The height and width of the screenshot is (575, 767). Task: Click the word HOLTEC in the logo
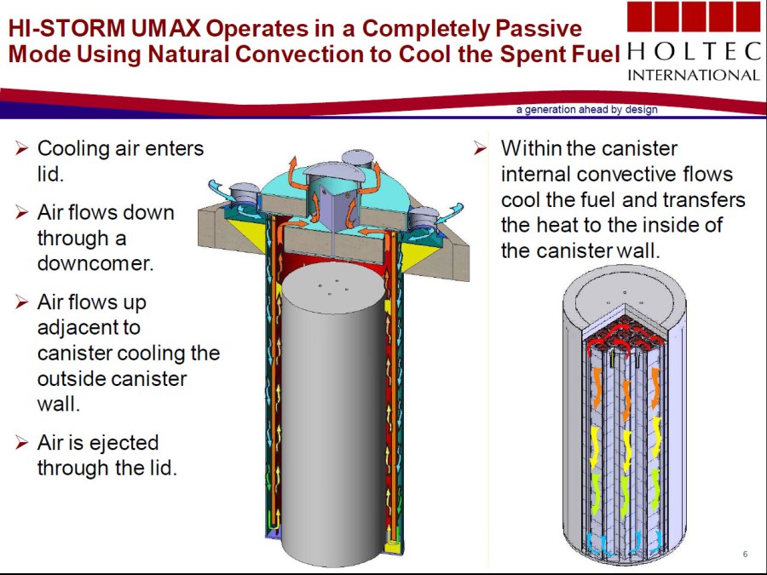point(693,51)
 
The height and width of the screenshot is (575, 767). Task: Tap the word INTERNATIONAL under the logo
point(693,75)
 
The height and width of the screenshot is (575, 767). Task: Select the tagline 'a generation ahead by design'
point(586,110)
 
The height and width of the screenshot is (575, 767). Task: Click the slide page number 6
point(745,554)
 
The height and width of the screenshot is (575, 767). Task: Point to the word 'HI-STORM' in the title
point(67,28)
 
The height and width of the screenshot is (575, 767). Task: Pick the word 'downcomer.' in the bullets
point(95,263)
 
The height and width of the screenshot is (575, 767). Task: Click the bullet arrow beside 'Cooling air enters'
point(21,147)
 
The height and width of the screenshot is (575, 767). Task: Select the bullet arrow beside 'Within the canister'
point(481,147)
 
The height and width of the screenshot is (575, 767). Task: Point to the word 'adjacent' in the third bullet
point(89,328)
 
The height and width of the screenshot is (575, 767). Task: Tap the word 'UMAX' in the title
point(166,28)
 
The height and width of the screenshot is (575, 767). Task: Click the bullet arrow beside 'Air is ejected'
point(21,442)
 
